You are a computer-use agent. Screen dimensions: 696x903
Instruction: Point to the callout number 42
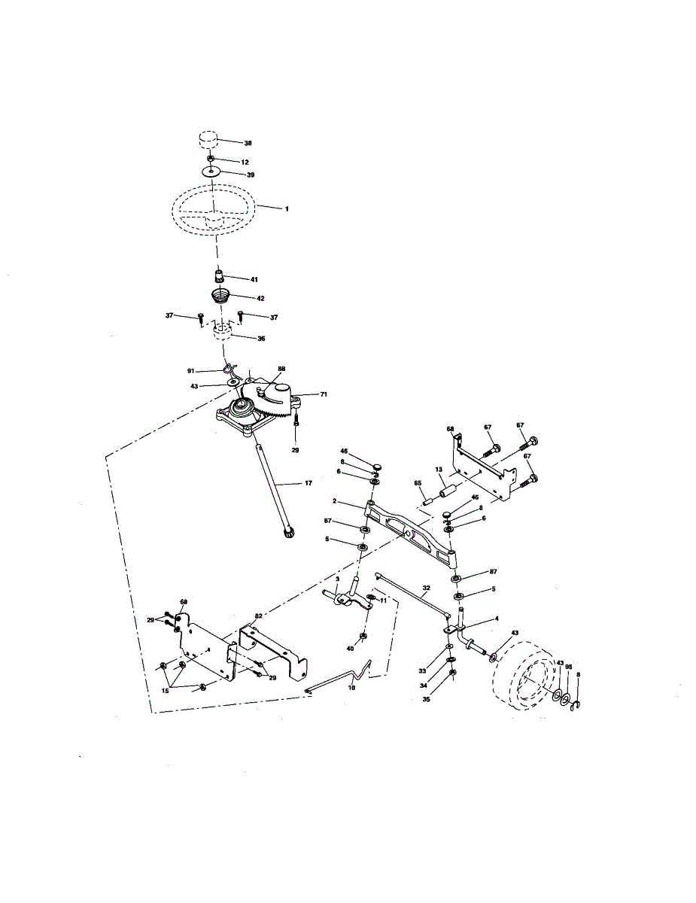260,298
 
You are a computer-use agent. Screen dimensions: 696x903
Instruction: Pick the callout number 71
324,394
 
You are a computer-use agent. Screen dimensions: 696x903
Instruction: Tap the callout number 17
308,483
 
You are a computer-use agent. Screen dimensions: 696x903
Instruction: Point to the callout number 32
426,587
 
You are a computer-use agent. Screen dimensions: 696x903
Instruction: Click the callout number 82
258,616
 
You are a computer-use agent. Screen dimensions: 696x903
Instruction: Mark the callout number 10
351,687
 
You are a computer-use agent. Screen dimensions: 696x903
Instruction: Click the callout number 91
191,370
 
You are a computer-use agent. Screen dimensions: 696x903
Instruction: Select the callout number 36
261,339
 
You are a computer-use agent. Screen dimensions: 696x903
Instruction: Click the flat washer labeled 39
213,174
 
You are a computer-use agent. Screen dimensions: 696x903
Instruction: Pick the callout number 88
281,369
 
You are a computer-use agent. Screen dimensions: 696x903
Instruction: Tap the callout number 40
350,647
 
